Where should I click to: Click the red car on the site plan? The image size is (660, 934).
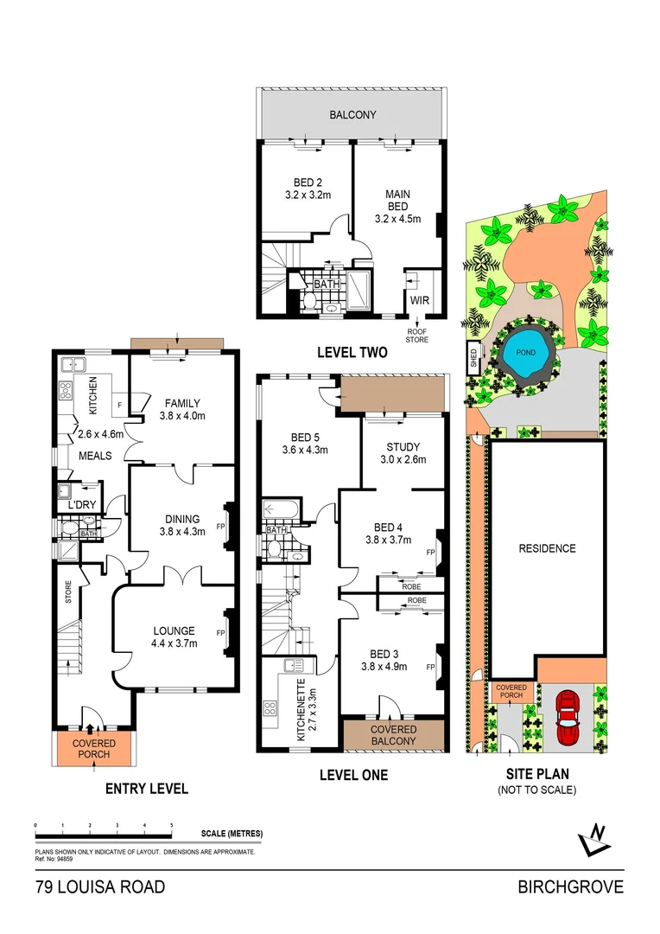[568, 717]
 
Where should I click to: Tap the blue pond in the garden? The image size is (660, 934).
[526, 355]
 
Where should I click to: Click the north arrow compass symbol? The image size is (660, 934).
[593, 836]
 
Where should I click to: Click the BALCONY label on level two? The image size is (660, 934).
[353, 114]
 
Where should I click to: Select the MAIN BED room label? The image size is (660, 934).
[397, 201]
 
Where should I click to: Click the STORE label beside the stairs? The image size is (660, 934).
[67, 592]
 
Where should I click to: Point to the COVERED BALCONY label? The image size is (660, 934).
[393, 735]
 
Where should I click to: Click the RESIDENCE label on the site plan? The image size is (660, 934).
[547, 548]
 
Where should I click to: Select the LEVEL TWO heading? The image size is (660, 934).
[352, 352]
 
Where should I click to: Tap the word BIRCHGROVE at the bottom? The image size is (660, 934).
[570, 888]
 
